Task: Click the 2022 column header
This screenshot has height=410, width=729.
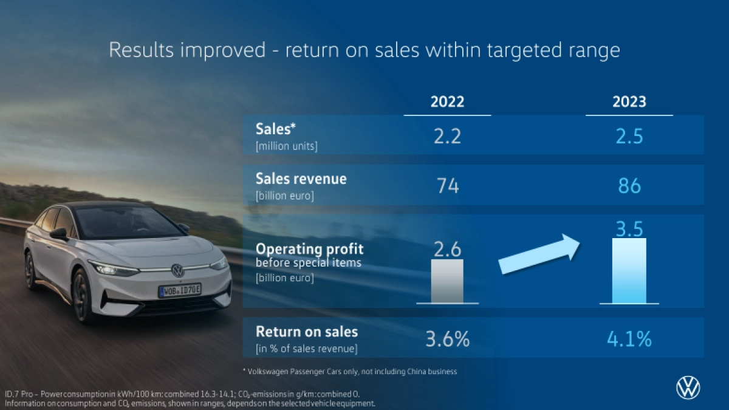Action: point(447,101)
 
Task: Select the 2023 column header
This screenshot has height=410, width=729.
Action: point(629,101)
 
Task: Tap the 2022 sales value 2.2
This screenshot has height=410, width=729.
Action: point(447,135)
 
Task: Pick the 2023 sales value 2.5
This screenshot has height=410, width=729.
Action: point(629,135)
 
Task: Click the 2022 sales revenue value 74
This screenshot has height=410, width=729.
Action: point(448,185)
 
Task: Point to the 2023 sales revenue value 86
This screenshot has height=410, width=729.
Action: point(629,185)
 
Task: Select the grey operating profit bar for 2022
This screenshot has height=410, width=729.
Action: point(447,281)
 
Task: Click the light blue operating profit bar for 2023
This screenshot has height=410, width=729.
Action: point(629,270)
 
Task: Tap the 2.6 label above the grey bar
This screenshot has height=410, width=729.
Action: point(447,250)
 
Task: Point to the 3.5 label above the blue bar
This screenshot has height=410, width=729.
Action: point(629,228)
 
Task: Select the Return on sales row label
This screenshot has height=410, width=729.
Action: point(307,332)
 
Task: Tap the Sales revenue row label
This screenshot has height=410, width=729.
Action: point(301,179)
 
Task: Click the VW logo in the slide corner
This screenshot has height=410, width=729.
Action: point(688,388)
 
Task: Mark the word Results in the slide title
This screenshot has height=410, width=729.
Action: point(140,50)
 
